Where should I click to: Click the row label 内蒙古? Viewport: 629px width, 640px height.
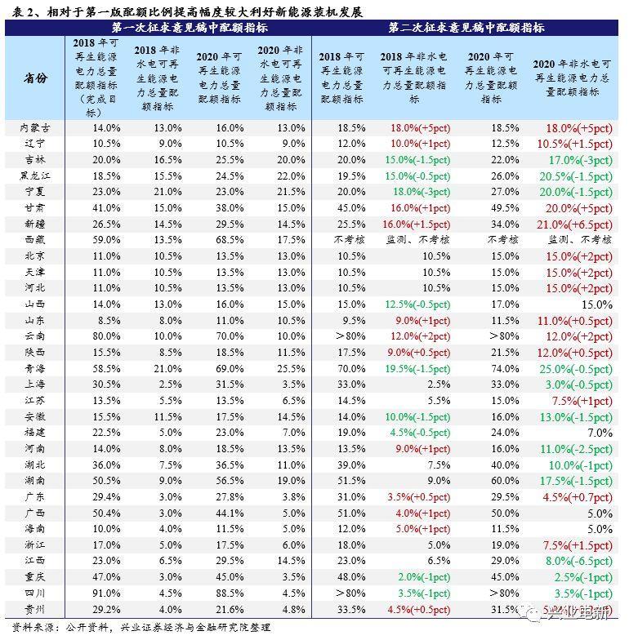point(38,128)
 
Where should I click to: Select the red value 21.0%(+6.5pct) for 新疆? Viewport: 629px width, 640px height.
point(573,224)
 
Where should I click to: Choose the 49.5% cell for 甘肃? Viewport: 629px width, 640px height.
point(502,208)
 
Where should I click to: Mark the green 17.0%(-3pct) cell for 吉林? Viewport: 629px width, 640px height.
point(579,160)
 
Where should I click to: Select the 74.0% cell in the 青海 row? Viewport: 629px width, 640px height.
point(502,368)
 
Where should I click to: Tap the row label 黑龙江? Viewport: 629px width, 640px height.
point(37,176)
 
